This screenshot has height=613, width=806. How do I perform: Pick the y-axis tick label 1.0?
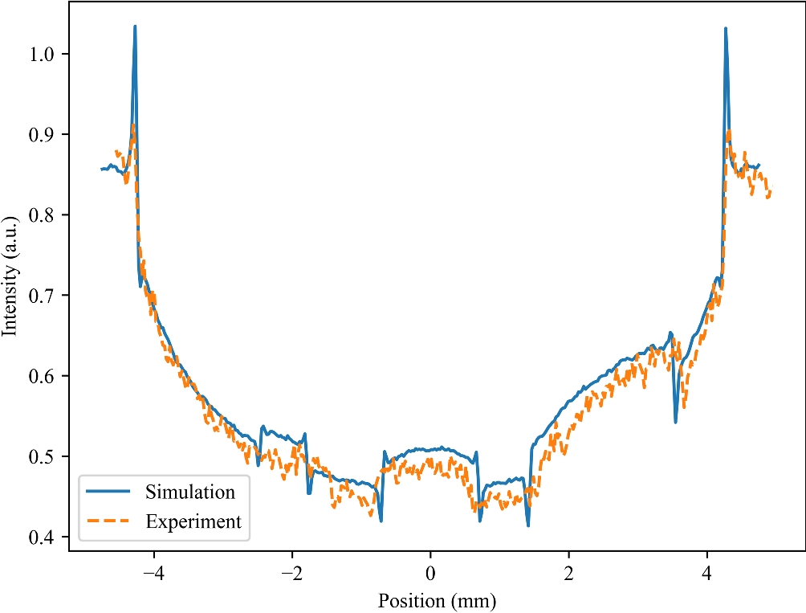pyautogui.click(x=45, y=55)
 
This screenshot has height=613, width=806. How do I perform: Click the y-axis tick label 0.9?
pyautogui.click(x=45, y=135)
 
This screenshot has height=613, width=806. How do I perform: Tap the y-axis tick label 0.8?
pyautogui.click(x=45, y=215)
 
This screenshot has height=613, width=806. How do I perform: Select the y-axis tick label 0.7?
pyautogui.click(x=45, y=296)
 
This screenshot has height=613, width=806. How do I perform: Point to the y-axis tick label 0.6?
pyautogui.click(x=45, y=377)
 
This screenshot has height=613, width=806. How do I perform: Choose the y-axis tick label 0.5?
pyautogui.click(x=45, y=457)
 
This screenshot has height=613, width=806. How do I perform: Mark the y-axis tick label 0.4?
pyautogui.click(x=45, y=537)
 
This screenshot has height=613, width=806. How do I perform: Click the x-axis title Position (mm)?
pyautogui.click(x=438, y=599)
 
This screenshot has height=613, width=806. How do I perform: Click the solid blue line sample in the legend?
pyautogui.click(x=109, y=492)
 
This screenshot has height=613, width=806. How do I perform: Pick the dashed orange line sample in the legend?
pyautogui.click(x=109, y=521)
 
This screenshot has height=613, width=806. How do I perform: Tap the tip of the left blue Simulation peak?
pyautogui.click(x=135, y=26)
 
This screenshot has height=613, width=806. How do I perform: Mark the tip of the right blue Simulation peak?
pyautogui.click(x=726, y=28)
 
